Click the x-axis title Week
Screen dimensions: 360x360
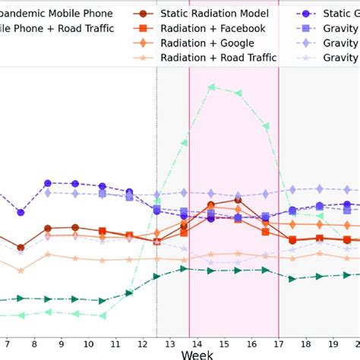[x=197, y=353]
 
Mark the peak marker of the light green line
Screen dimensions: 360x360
[x=212, y=87]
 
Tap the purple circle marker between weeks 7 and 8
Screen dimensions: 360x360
[x=21, y=211]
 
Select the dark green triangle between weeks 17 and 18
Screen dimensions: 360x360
[x=292, y=278]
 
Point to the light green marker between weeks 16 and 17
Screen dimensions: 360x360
[x=266, y=125]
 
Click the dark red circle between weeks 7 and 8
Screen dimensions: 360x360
[x=21, y=247]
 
